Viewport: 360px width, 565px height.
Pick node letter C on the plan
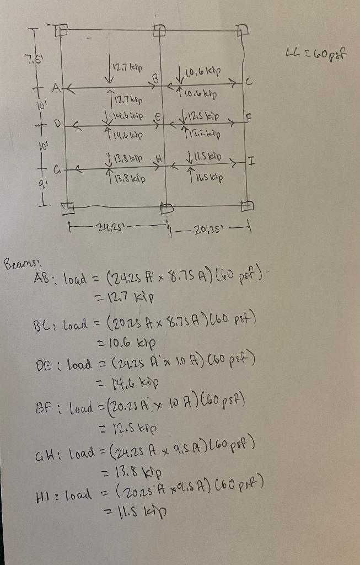pyautogui.click(x=249, y=83)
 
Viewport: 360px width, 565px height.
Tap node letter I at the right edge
pyautogui.click(x=252, y=162)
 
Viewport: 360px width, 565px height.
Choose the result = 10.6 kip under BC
pyautogui.click(x=128, y=340)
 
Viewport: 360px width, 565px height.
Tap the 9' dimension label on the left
pyautogui.click(x=24, y=184)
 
